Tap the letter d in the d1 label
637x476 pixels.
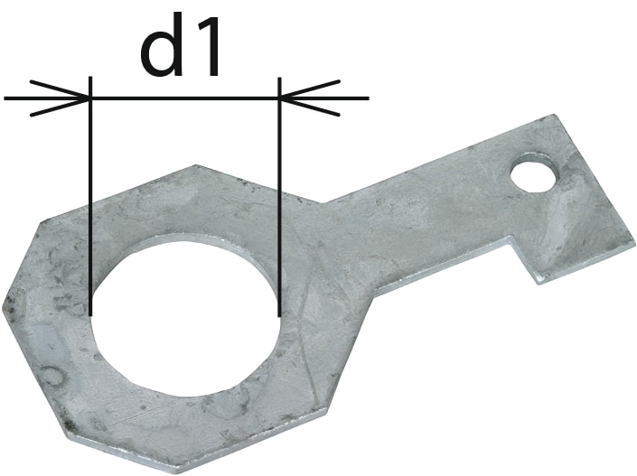coord(161,46)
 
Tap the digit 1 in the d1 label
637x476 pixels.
coord(206,47)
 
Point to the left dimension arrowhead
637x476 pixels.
coord(60,98)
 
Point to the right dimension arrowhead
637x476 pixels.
coord(310,98)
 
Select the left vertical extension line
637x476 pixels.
coord(90,196)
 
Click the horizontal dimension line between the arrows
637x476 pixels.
coord(185,98)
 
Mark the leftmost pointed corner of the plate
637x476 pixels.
coord(3,305)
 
